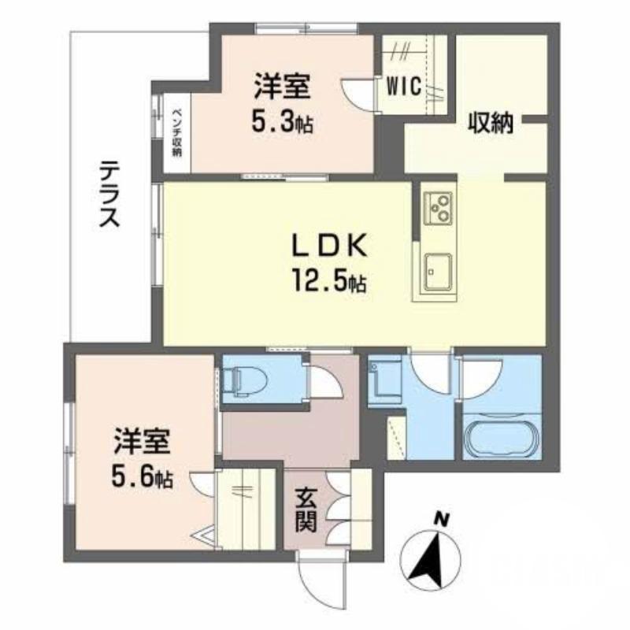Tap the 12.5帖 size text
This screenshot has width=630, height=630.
click(x=330, y=281)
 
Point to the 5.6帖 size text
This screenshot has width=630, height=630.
click(x=143, y=476)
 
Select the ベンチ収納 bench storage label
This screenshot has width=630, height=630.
click(x=177, y=130)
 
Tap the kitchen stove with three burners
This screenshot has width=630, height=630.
click(x=436, y=207)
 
